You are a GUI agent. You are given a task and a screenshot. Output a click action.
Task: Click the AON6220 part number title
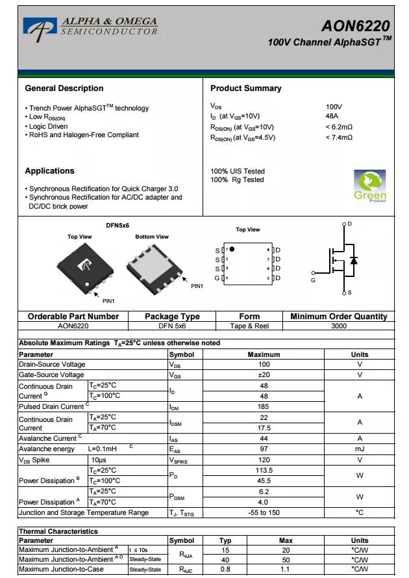pos(355,25)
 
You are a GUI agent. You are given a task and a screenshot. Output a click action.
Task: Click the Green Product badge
pos(369,187)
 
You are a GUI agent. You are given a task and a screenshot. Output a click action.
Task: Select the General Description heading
pos(64,88)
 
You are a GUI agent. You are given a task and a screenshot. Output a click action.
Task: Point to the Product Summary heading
pos(245,88)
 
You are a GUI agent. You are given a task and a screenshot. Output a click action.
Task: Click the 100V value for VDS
pos(334,107)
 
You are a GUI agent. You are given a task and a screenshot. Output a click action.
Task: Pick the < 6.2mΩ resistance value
pos(339,127)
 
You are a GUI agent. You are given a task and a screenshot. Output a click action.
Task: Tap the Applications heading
pos(49,171)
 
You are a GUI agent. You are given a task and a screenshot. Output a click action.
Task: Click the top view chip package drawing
pos(85,268)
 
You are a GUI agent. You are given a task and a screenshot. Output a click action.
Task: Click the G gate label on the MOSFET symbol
pos(313,280)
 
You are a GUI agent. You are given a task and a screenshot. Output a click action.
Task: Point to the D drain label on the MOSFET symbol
pos(349,224)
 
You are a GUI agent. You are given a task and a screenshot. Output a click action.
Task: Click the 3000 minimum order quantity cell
pos(339,326)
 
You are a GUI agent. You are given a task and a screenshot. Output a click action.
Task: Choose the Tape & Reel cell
pos(249,326)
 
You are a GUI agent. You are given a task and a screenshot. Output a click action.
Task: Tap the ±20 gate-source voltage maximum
pos(264,375)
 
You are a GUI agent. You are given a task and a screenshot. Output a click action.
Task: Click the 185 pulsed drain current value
pos(264,407)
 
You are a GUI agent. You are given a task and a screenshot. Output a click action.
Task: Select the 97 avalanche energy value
pos(264,449)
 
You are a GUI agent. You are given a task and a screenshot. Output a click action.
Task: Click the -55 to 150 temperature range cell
pos(264,513)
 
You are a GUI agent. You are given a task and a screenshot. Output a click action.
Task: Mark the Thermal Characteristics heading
pos(58,531)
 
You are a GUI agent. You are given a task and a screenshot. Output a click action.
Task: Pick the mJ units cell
pos(359,449)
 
